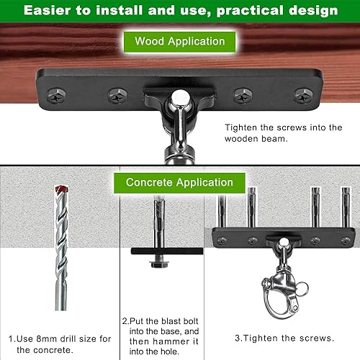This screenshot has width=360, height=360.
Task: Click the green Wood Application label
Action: click(179, 41)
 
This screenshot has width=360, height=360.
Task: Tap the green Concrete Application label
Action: click(179, 182)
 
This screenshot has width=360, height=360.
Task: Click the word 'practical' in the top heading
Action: click(238, 11)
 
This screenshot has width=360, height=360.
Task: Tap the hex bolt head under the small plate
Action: click(158, 264)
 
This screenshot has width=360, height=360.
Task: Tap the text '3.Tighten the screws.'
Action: click(284, 338)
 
